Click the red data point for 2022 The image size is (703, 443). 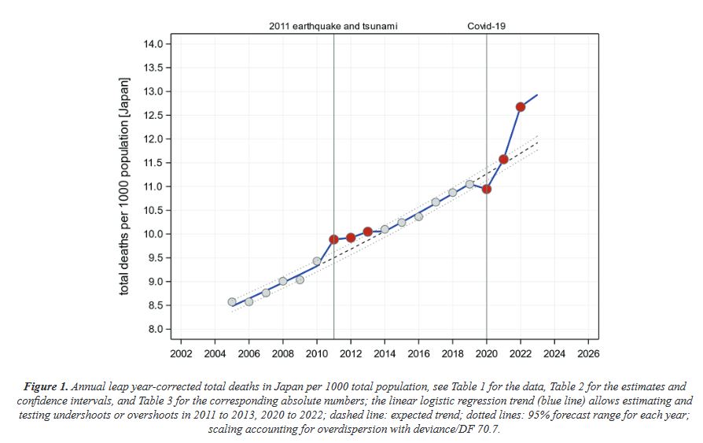click(x=521, y=107)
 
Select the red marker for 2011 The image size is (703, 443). click(x=333, y=239)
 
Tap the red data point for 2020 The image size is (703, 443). click(x=487, y=189)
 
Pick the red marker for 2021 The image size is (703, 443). click(x=503, y=160)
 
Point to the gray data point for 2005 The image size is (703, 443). click(x=232, y=301)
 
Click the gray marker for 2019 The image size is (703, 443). click(x=469, y=184)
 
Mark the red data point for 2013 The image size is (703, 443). click(x=367, y=231)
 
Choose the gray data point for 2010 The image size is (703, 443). click(x=317, y=261)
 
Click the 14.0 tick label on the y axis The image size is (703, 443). click(x=153, y=44)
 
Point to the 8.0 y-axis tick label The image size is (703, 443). click(x=155, y=329)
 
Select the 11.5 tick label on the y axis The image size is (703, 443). click(x=153, y=163)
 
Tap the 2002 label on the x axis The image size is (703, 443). click(x=181, y=354)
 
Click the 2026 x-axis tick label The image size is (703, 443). click(x=588, y=354)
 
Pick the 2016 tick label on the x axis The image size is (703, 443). click(x=418, y=354)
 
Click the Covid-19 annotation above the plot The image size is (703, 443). click(x=486, y=26)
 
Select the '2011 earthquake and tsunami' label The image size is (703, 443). click(x=333, y=26)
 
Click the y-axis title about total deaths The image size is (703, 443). click(x=124, y=186)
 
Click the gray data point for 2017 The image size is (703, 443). click(x=436, y=202)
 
